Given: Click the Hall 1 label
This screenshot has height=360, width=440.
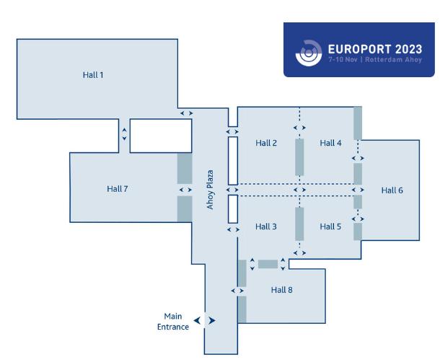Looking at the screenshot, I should pyautogui.click(x=94, y=74).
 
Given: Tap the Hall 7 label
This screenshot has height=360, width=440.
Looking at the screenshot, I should pyautogui.click(x=118, y=189).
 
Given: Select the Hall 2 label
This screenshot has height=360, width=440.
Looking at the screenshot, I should pyautogui.click(x=266, y=143).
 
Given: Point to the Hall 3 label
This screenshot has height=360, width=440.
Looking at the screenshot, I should pyautogui.click(x=266, y=227).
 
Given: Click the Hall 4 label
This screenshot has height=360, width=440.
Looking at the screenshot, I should pyautogui.click(x=331, y=143).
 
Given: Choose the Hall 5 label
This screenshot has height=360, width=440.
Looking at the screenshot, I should pyautogui.click(x=331, y=227).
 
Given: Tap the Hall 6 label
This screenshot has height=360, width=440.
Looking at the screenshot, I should pyautogui.click(x=392, y=190).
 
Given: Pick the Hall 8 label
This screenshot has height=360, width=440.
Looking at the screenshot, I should pyautogui.click(x=282, y=290).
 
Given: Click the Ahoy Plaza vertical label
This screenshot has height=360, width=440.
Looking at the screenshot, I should pyautogui.click(x=211, y=190).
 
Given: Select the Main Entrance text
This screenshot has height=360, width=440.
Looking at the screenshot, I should pyautogui.click(x=173, y=322).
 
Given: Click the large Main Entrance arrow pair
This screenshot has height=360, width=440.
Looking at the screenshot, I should pyautogui.click(x=205, y=320).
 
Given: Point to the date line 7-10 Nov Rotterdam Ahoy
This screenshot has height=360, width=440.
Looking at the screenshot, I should pyautogui.click(x=374, y=60).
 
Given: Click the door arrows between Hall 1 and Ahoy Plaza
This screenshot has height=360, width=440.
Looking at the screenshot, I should pyautogui.click(x=186, y=113).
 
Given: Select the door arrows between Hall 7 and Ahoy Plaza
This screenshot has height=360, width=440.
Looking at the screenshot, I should pyautogui.click(x=186, y=190).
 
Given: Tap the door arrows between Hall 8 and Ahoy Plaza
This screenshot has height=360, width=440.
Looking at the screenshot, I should pyautogui.click(x=237, y=291).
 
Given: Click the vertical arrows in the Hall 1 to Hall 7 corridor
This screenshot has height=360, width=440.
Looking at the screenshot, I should pyautogui.click(x=124, y=133).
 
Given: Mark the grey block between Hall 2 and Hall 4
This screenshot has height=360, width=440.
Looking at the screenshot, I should pyautogui.click(x=299, y=157).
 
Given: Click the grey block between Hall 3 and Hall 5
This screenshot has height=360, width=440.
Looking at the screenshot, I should pyautogui.click(x=299, y=224).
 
